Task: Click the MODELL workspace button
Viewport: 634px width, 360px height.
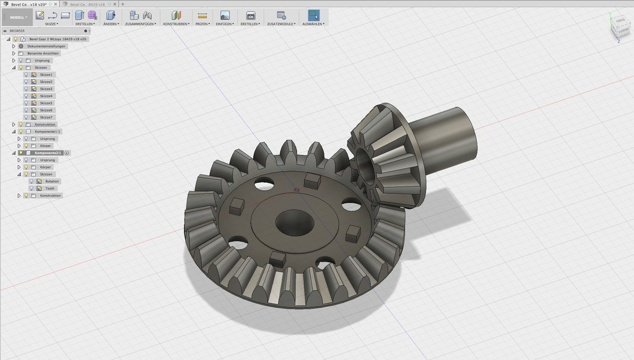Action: (x=17, y=17)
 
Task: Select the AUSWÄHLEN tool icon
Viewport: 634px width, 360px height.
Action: (x=314, y=15)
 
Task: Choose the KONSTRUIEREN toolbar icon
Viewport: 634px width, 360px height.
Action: (x=176, y=15)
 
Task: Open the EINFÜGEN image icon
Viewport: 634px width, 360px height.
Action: (x=225, y=15)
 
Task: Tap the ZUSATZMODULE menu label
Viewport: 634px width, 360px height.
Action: (x=281, y=24)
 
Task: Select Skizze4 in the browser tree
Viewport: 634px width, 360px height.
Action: (x=46, y=96)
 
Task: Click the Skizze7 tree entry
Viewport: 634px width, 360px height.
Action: (x=46, y=117)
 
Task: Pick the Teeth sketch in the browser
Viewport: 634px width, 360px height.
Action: (x=50, y=188)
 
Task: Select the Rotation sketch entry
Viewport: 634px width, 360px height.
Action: (x=52, y=181)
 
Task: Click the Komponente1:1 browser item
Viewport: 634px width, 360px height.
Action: (x=48, y=131)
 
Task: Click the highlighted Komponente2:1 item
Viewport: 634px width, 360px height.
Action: (x=48, y=152)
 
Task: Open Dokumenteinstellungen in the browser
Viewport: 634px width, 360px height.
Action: (x=46, y=46)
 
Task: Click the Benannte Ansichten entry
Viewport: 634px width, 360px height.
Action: (x=43, y=53)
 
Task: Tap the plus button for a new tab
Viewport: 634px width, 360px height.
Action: (x=123, y=4)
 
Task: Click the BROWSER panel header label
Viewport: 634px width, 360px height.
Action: (x=17, y=30)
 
